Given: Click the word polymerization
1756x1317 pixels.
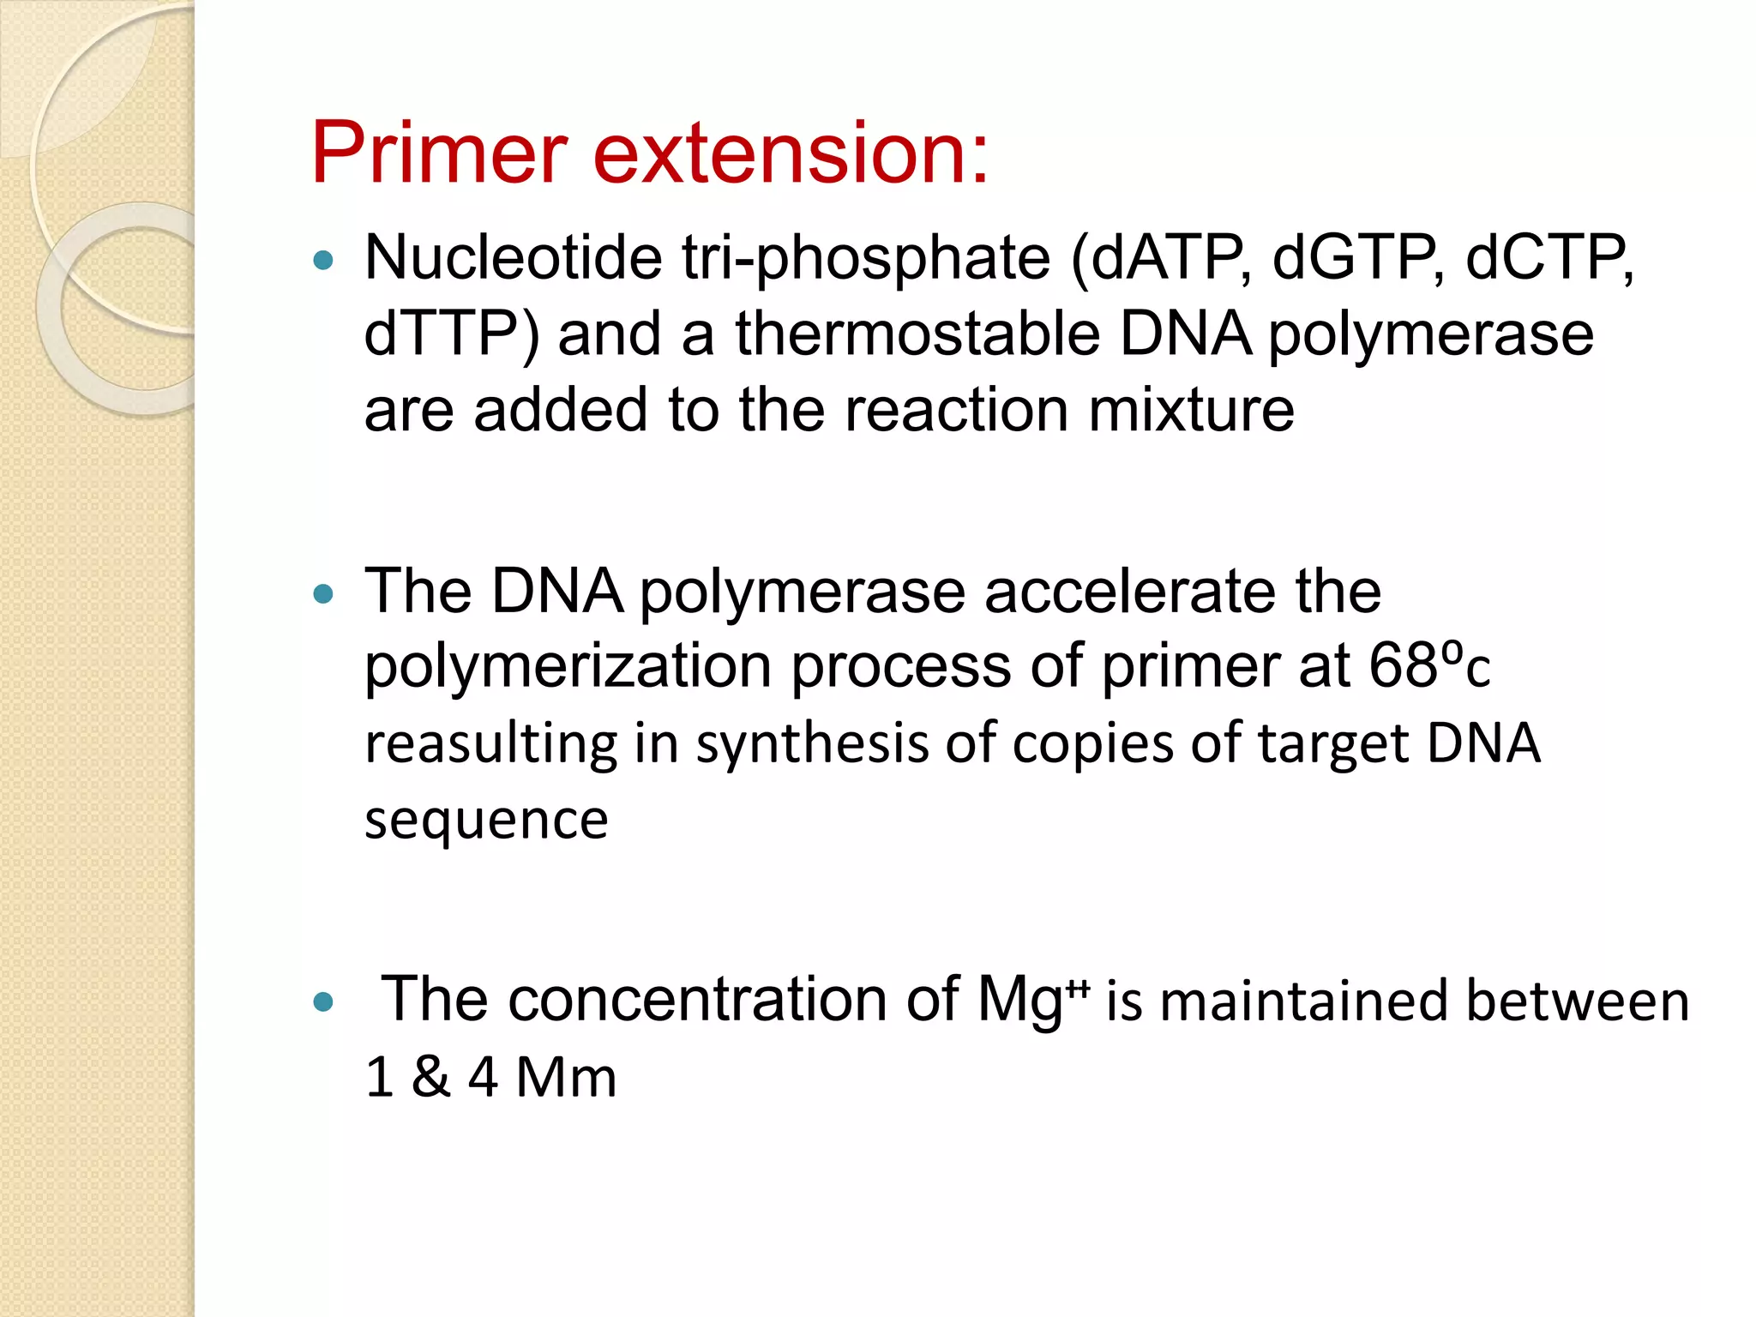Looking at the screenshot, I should tap(568, 667).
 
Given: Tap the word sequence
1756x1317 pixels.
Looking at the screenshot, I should tap(486, 820).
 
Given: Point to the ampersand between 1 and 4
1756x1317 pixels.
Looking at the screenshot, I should tap(430, 1077).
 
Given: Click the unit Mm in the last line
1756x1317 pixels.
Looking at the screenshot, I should tap(566, 1077).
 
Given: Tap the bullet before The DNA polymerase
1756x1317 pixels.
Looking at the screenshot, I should tap(323, 593).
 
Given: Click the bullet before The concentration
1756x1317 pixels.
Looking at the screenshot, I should tap(323, 1001).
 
